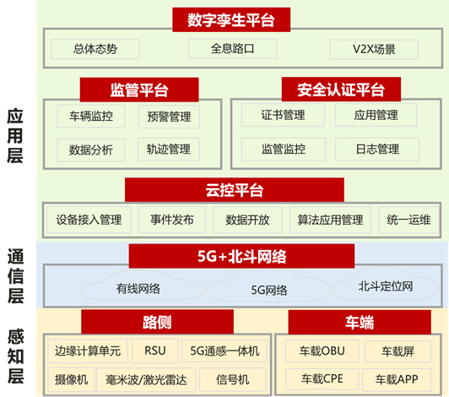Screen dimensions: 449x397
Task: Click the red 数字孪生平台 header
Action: pyautogui.click(x=231, y=19)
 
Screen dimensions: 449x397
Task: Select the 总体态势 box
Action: pyautogui.click(x=95, y=49)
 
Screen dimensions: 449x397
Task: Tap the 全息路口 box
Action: pyautogui.click(x=233, y=48)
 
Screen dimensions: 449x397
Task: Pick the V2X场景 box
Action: pyautogui.click(x=374, y=49)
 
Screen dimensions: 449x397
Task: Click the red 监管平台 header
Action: pyautogui.click(x=139, y=90)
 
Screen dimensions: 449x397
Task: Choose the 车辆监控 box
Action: pyautogui.click(x=91, y=116)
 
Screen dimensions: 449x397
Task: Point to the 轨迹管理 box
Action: pyautogui.click(x=169, y=149)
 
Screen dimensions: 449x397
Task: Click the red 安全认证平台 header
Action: pyautogui.click(x=341, y=90)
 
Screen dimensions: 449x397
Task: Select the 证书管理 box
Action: pyautogui.click(x=283, y=115)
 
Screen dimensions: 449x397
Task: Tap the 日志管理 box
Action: pyautogui.click(x=377, y=149)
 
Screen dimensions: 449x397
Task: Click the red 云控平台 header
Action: pyautogui.click(x=235, y=190)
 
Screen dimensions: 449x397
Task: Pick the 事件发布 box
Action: pyautogui.click(x=172, y=220)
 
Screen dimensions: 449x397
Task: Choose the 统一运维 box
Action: pyautogui.click(x=408, y=220)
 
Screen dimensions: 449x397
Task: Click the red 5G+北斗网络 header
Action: pyautogui.click(x=241, y=256)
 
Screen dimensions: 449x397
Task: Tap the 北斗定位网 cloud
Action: pyautogui.click(x=385, y=285)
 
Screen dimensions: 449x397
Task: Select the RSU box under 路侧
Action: pyautogui.click(x=155, y=351)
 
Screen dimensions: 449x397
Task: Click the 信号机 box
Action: pyautogui.click(x=233, y=380)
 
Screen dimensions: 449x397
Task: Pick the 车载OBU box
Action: pyautogui.click(x=322, y=351)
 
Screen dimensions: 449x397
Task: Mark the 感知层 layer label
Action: pyautogui.click(x=16, y=356)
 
